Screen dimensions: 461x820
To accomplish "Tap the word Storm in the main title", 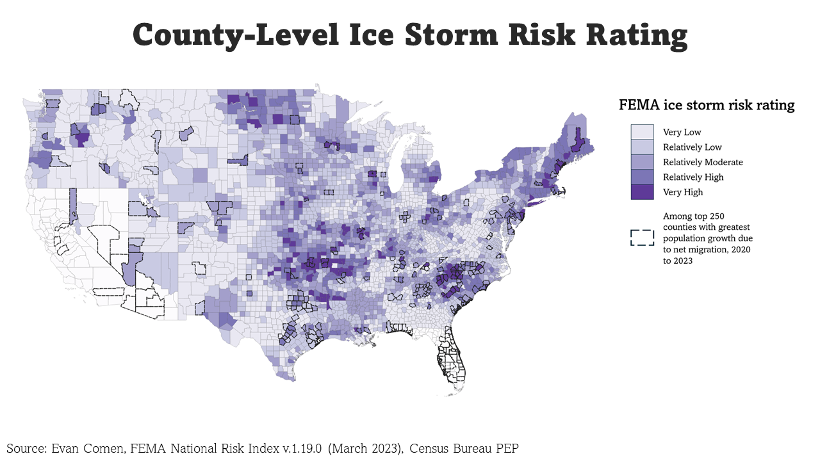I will click(x=451, y=35).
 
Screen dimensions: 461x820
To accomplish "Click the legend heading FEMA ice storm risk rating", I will click(x=707, y=105).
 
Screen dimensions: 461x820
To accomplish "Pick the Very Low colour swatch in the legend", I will click(x=642, y=133).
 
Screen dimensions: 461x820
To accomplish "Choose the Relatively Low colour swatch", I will click(x=642, y=147).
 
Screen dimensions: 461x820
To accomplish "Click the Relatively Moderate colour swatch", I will click(x=642, y=162).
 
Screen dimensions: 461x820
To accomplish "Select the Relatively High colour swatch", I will click(x=642, y=177).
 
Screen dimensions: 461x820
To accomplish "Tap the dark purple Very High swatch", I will click(x=642, y=191).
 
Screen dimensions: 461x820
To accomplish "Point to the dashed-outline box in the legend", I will click(x=642, y=238).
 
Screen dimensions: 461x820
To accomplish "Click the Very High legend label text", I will click(x=683, y=192).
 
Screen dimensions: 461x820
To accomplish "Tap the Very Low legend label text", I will click(x=682, y=133).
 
